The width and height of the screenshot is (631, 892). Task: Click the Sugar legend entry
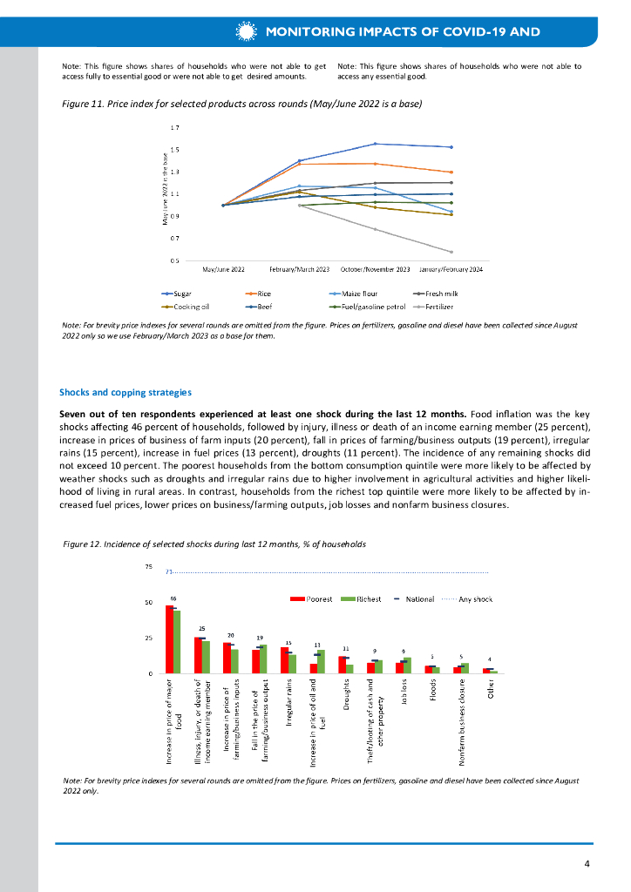(x=177, y=294)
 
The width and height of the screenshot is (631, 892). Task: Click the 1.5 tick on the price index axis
(x=175, y=150)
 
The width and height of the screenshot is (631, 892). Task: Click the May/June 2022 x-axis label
(x=223, y=270)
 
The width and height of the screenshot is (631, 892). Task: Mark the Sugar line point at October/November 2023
(x=375, y=144)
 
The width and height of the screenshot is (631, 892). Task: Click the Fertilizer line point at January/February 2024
(x=451, y=252)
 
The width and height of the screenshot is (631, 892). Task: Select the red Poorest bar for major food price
(x=169, y=639)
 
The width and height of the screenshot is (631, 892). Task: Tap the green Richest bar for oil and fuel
(x=322, y=661)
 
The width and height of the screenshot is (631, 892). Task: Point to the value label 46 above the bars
(x=173, y=598)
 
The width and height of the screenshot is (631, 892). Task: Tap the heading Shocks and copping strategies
(x=125, y=392)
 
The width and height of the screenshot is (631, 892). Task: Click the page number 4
(x=587, y=863)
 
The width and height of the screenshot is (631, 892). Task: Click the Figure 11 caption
(x=241, y=104)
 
